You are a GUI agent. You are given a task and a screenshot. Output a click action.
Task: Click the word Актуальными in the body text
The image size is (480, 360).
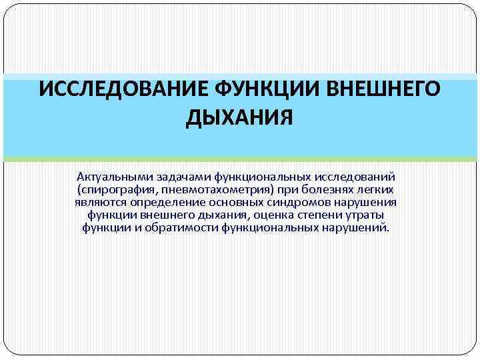pyautogui.click(x=115, y=177)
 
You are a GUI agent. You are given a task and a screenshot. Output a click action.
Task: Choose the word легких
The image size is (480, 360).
pyautogui.click(x=377, y=189)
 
